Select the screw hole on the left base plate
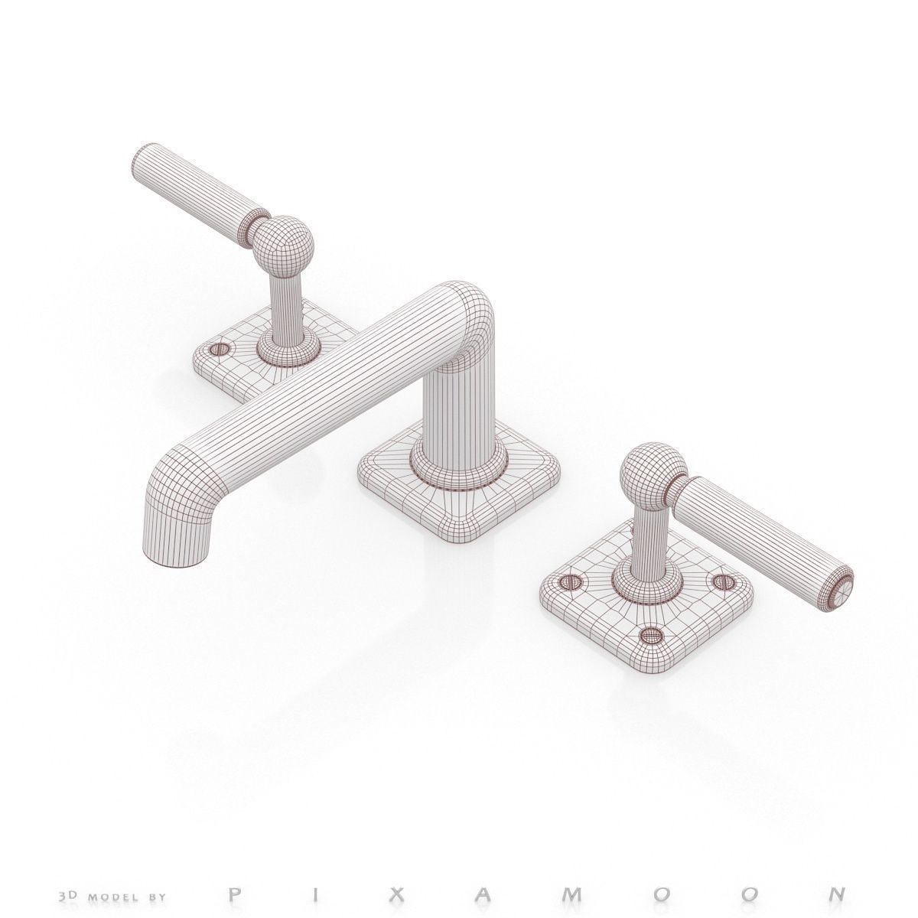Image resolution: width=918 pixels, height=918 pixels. (220, 350)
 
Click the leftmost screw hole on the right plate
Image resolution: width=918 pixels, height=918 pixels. (571, 583)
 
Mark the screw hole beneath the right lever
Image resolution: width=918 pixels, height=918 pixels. (721, 581)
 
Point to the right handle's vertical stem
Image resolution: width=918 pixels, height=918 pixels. (649, 547)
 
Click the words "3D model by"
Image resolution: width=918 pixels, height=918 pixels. (116, 893)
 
